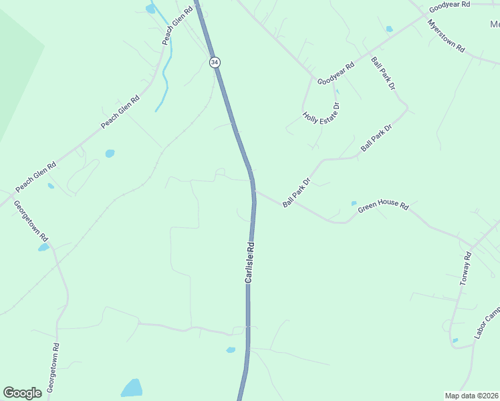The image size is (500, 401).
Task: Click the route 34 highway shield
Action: (214, 61)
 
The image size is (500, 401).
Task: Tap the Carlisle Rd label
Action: (249, 261)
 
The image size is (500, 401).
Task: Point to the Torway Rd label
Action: (465, 269)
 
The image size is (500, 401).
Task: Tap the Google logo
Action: (22, 393)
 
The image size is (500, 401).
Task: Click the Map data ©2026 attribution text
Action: (471, 396)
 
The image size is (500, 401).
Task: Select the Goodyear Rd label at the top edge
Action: (450, 5)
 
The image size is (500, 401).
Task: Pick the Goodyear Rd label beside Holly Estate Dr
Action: (336, 74)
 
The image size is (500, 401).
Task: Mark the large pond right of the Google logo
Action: (132, 388)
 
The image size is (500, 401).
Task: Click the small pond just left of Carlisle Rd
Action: (231, 350)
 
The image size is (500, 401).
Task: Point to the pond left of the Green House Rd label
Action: (354, 203)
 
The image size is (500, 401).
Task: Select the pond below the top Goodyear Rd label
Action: (389, 29)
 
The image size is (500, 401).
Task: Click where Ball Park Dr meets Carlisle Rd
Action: (254, 191)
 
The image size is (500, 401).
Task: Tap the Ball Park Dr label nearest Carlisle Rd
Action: (297, 192)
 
